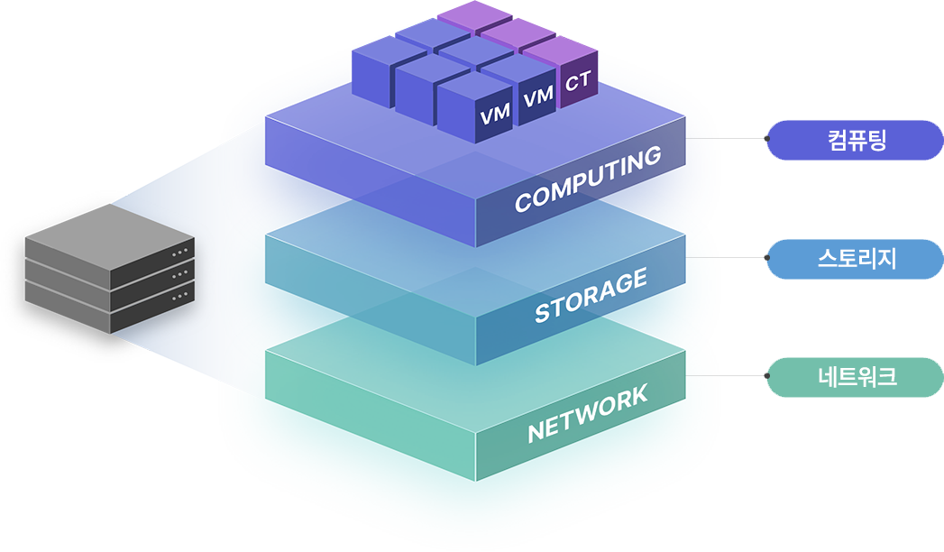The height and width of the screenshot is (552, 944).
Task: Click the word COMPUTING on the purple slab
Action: coord(588,180)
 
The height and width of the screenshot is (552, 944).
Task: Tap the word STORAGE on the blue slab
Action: coord(591,296)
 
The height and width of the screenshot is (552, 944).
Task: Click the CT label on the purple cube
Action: coord(578,84)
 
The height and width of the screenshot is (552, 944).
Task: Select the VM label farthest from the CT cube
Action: coord(495,115)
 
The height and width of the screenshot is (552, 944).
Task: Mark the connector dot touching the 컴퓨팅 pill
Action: coord(767,139)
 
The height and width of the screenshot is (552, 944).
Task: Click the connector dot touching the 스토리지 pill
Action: coord(767,258)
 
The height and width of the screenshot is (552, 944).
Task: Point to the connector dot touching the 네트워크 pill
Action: coord(767,376)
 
